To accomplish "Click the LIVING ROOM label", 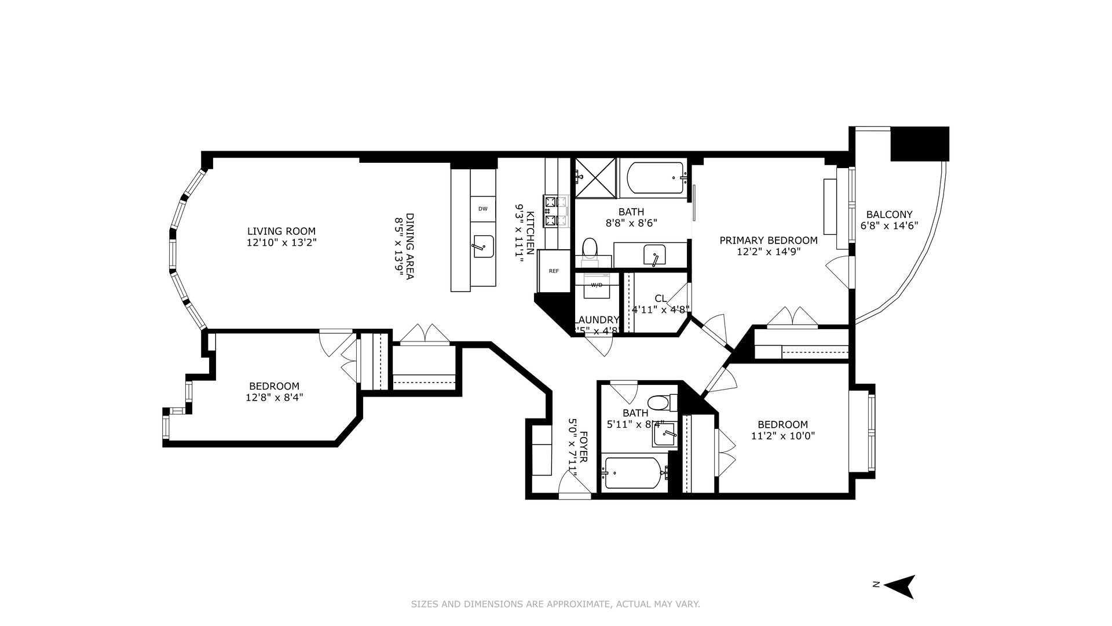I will coord(281,231).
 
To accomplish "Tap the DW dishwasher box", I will coord(482,209).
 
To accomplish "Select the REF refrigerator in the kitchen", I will coord(554,271).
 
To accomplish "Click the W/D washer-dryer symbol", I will coord(597,285).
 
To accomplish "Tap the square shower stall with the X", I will coord(595,177).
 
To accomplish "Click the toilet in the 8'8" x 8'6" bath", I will coord(590,249).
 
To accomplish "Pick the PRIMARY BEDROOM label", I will coord(769,241).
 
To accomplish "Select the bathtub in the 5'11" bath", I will coord(632,473).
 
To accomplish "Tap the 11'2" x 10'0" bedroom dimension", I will coord(783,436).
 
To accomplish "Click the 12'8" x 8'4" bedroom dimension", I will coord(274,398).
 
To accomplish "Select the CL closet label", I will coord(660,299).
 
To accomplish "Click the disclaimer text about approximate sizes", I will coord(555,604).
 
